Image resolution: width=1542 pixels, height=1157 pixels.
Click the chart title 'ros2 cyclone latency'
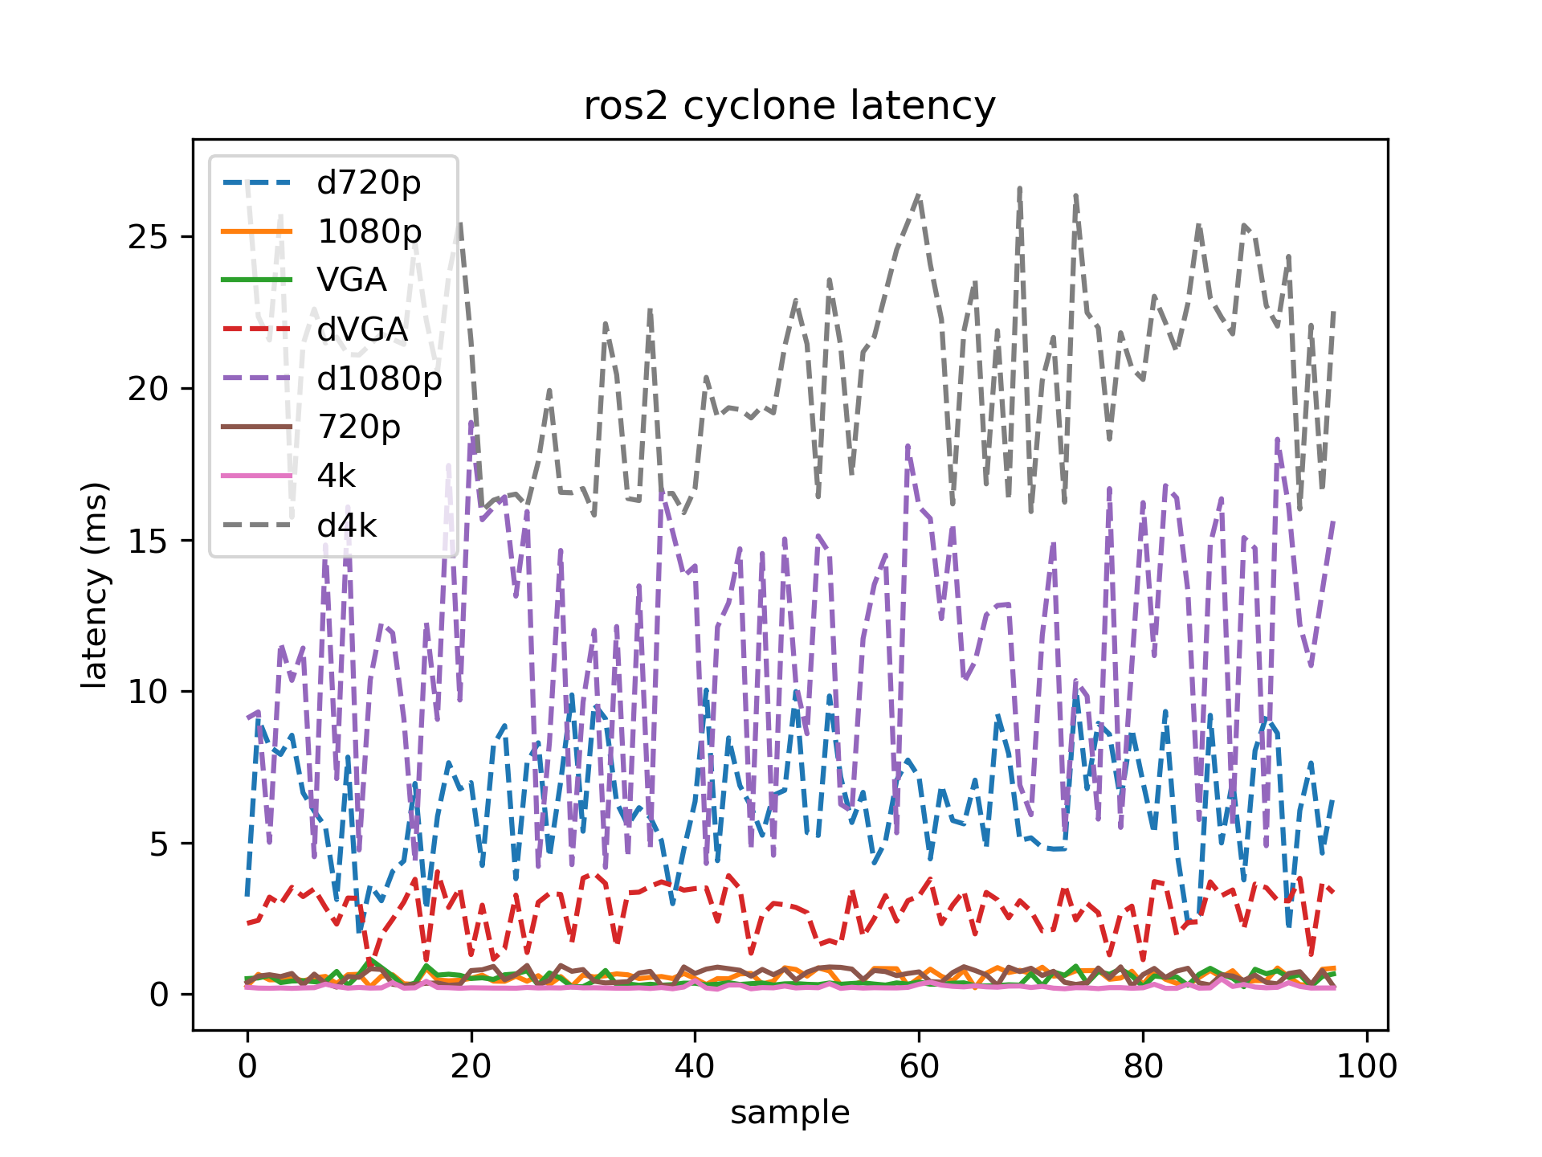(789, 107)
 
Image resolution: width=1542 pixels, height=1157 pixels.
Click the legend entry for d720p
(369, 183)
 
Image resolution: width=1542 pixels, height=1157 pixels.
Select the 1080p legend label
(369, 232)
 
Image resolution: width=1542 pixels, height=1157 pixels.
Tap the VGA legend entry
(352, 280)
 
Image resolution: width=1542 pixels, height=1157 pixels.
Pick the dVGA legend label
(362, 329)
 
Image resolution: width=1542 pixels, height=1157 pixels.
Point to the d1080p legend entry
(379, 378)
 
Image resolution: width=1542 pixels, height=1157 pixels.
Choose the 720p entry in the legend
(359, 427)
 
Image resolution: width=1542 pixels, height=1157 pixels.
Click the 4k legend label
(336, 476)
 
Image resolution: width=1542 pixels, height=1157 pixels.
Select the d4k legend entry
(347, 526)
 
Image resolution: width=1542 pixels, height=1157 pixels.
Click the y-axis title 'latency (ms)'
(95, 584)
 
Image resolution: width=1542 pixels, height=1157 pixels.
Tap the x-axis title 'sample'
(789, 1113)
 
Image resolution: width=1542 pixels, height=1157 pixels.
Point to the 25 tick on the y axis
(148, 237)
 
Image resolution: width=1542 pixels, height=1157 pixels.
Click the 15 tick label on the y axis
(148, 541)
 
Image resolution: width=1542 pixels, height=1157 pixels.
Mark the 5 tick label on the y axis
(158, 844)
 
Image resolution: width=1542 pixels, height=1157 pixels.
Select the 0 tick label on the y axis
(158, 996)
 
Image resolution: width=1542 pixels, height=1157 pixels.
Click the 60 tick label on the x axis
(919, 1067)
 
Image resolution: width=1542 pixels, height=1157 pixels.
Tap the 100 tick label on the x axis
(1365, 1067)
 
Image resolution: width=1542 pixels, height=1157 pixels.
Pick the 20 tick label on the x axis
(471, 1067)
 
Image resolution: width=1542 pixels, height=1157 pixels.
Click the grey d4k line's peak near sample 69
(1020, 189)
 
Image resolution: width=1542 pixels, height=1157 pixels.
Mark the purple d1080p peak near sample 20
(471, 423)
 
